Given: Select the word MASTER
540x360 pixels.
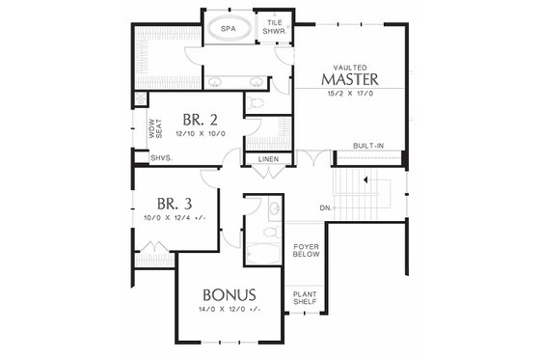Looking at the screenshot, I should click(356, 77).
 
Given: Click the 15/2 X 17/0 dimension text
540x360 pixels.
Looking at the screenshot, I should click(354, 94).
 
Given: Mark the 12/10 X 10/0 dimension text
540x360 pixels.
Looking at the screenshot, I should click(202, 134).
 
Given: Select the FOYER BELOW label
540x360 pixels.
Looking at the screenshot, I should click(306, 252).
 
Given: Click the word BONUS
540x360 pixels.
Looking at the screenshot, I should click(229, 293).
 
